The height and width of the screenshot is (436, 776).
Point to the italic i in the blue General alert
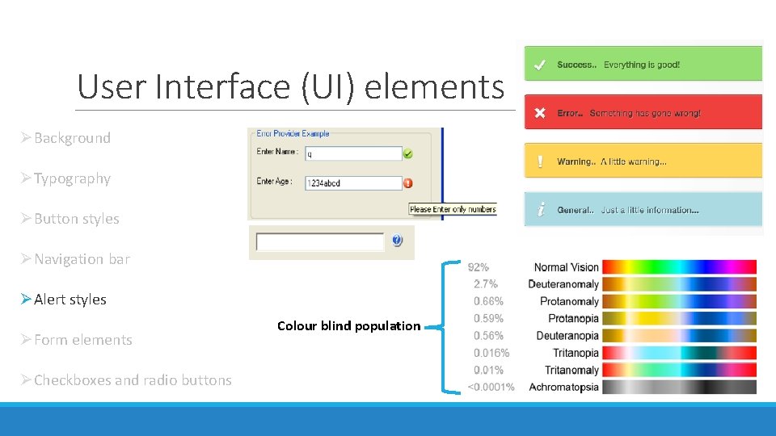[x=540, y=210]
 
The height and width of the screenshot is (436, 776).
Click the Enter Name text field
[x=353, y=153]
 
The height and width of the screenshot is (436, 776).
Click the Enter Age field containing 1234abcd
[x=353, y=183]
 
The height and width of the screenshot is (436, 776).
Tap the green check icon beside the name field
[x=408, y=153]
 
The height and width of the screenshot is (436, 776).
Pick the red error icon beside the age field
[x=408, y=183]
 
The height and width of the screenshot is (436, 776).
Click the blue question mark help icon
[x=397, y=241]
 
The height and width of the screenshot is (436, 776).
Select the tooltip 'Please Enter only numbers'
[x=453, y=209]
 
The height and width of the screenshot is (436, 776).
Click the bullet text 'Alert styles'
[x=70, y=300]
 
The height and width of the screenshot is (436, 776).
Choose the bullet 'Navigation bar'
[x=82, y=259]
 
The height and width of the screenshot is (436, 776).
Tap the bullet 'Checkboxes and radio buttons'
[x=133, y=380]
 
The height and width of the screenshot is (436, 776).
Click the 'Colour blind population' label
[x=348, y=326]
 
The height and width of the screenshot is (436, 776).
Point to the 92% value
[x=478, y=267]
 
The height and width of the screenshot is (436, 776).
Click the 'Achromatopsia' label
[x=563, y=387]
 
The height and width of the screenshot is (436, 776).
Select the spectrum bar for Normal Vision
[x=679, y=267]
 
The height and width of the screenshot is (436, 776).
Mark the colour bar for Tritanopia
[x=679, y=353]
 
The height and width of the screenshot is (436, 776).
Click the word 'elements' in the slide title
[x=434, y=86]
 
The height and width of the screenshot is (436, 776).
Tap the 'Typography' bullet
[x=72, y=178]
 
